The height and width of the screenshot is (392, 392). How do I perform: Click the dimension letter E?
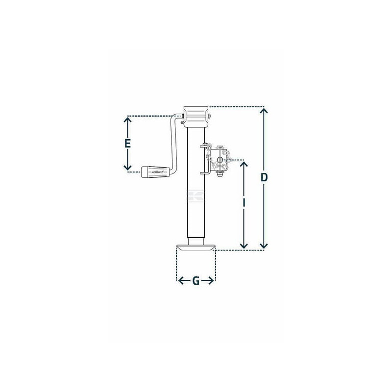(128, 144)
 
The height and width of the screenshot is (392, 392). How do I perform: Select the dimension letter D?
(264, 177)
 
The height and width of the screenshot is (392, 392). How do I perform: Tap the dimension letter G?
(196, 281)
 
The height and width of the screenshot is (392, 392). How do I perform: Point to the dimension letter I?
(244, 203)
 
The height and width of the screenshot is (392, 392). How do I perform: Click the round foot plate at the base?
(195, 248)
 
